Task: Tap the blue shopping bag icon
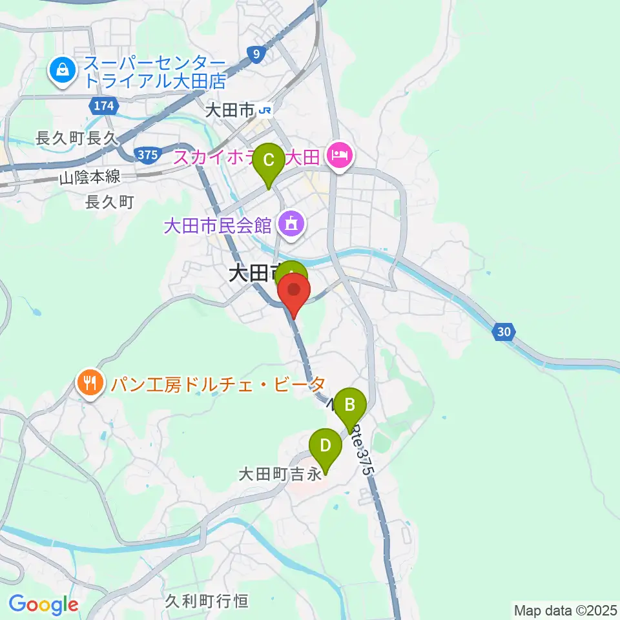(63, 72)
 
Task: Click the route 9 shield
(256, 55)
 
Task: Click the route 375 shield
(147, 154)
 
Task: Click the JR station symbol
(265, 111)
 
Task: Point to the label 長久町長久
(75, 138)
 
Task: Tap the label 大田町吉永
(280, 475)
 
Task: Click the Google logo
(43, 604)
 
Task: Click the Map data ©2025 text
(565, 609)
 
